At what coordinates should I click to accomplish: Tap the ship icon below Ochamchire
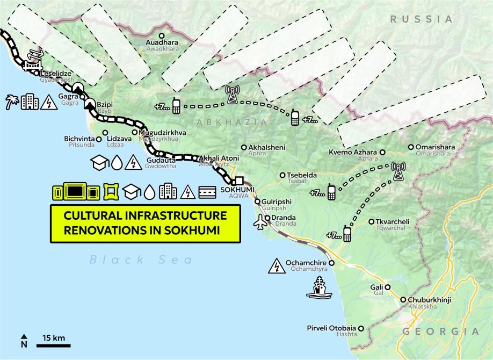[319, 287]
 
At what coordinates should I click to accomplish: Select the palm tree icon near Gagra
[12, 102]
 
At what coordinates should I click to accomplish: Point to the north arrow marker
[24, 340]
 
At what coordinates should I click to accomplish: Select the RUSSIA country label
[422, 19]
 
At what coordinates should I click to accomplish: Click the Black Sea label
[141, 260]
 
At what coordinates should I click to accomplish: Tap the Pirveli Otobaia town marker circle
[361, 328]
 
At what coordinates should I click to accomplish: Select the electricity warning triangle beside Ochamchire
[277, 266]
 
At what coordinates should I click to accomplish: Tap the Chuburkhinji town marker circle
[403, 300]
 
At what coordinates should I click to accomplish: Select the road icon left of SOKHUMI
[208, 191]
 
